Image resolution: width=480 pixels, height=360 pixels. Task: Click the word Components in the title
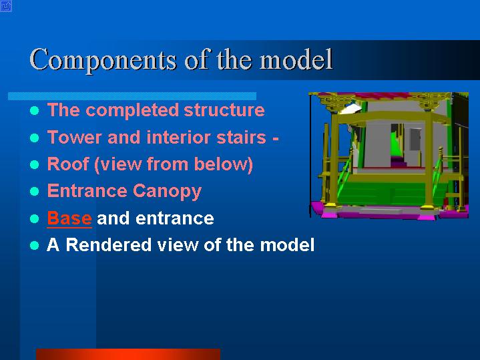click(x=103, y=59)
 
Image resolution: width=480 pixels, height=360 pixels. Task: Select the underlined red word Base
click(x=69, y=218)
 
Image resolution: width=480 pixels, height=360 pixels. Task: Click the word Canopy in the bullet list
click(x=167, y=192)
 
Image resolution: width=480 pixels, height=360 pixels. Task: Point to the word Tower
click(x=74, y=137)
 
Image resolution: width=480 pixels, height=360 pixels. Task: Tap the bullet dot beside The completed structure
click(x=35, y=111)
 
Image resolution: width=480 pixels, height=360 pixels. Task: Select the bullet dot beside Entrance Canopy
click(x=35, y=192)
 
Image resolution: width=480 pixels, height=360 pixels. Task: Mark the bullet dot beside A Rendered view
click(x=35, y=245)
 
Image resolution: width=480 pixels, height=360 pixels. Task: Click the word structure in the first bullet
click(x=224, y=110)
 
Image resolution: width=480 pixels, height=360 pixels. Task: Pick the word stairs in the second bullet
click(x=241, y=137)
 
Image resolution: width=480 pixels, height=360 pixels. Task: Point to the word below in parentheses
click(x=221, y=164)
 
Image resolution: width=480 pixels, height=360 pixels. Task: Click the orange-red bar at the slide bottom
click(x=128, y=354)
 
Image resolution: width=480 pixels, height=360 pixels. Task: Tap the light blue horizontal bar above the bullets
click(x=132, y=96)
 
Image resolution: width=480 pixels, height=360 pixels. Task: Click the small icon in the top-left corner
click(x=6, y=6)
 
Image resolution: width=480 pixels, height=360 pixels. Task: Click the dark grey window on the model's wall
click(x=415, y=140)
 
